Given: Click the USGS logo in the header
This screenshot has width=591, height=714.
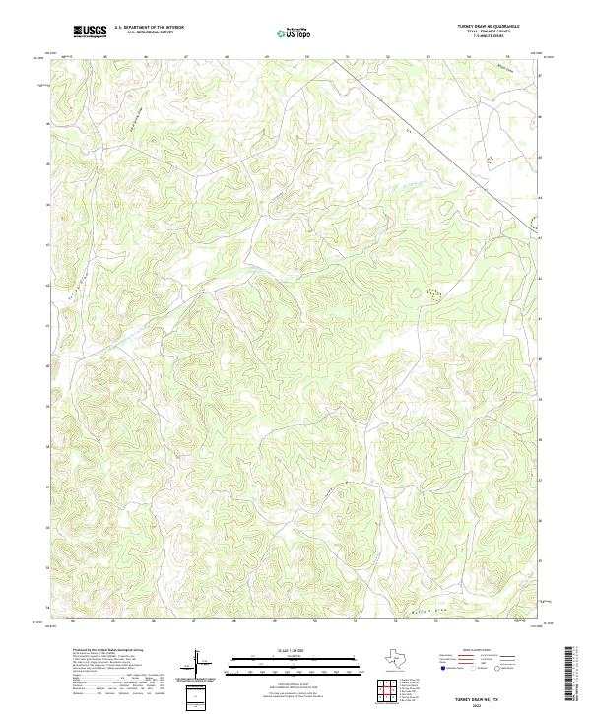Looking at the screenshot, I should pos(91,32).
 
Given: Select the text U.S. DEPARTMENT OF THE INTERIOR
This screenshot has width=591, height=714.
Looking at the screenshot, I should pos(149,28).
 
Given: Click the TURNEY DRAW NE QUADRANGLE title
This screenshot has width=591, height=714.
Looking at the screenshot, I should pos(489,27).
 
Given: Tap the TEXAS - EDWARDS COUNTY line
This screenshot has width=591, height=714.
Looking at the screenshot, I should pos(489,32).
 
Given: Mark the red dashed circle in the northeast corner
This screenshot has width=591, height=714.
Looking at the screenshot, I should pos(489,158).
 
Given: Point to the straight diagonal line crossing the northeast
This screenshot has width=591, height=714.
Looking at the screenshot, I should pos(433,148).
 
